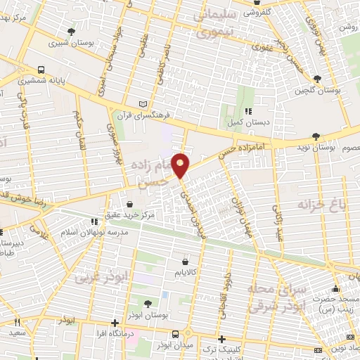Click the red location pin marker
click(181, 164)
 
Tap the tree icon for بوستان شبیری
click(71, 32)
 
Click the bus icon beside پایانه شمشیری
click(41, 70)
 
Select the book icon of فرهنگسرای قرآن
click(144, 103)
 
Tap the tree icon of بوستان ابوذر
click(147, 304)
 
